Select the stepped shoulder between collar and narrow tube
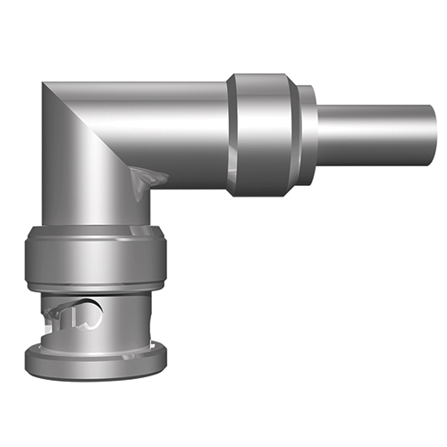[308, 134]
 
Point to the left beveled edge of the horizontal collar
[231, 134]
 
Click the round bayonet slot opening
[89, 314]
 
